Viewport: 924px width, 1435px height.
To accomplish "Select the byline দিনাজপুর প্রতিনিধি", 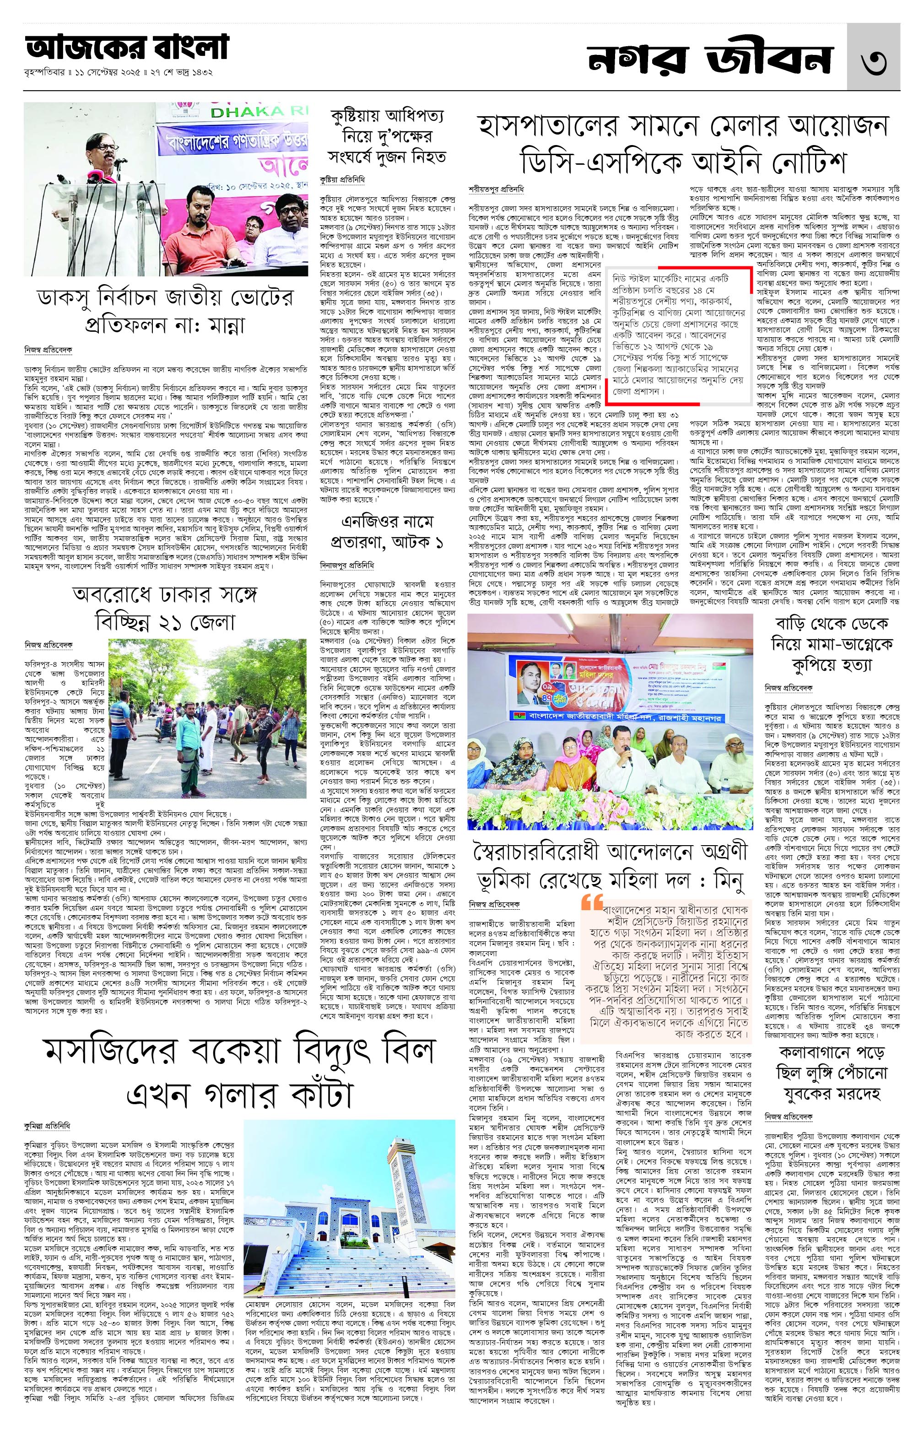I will [x=347, y=565].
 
